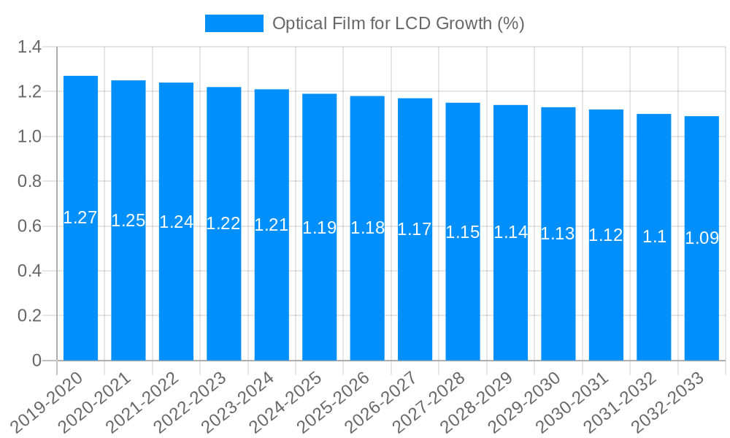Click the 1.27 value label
coord(80,218)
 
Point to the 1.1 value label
coord(654,237)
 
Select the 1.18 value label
coord(367,228)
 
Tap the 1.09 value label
coord(702,238)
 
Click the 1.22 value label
coord(223,224)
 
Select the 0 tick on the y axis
coord(37,361)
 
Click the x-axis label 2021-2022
coord(143,402)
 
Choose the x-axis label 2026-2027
coord(382,402)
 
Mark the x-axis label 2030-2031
coord(573,402)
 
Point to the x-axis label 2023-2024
coord(239,402)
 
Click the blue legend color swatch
coord(234,23)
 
